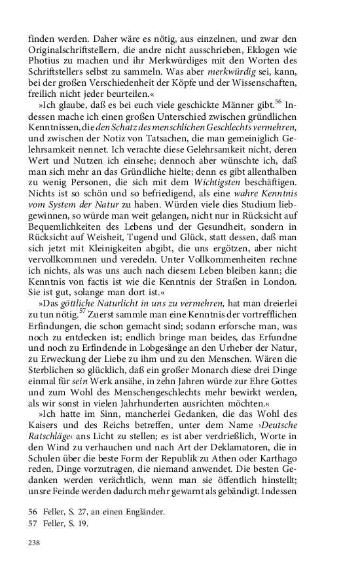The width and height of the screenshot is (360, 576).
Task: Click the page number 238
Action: click(x=35, y=542)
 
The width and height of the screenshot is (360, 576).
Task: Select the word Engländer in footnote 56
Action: click(x=139, y=512)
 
